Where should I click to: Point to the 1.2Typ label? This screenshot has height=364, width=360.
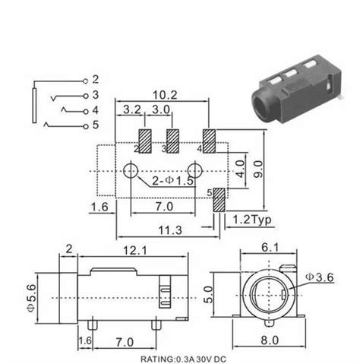tap(250, 220)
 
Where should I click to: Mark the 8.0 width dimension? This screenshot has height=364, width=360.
tap(269, 342)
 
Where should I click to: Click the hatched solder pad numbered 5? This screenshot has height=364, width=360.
tap(219, 200)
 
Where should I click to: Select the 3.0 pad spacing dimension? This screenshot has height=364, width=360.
tap(159, 110)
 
